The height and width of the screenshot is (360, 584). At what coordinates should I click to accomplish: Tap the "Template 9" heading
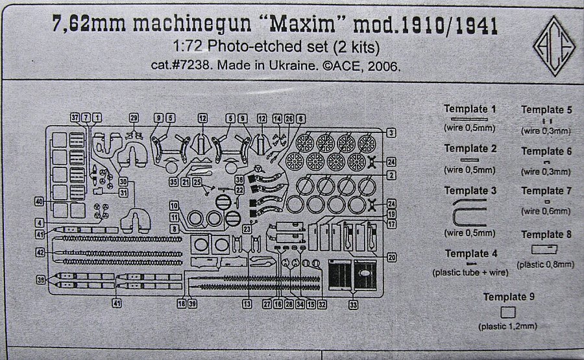[x=509, y=297]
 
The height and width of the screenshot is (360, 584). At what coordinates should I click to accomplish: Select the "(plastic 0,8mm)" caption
[x=545, y=265]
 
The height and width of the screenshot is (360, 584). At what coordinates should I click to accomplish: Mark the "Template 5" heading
[x=546, y=110]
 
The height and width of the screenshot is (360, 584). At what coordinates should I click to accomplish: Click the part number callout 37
[x=75, y=117]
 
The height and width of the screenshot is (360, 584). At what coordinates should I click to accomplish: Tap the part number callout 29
[x=134, y=118]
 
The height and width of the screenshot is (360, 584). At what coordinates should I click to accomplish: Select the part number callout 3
[x=391, y=133]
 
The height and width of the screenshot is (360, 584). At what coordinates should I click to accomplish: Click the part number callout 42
[x=40, y=252]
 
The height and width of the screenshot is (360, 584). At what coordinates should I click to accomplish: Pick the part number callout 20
[x=392, y=257]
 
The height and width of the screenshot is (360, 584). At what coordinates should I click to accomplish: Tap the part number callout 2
[x=391, y=176]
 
